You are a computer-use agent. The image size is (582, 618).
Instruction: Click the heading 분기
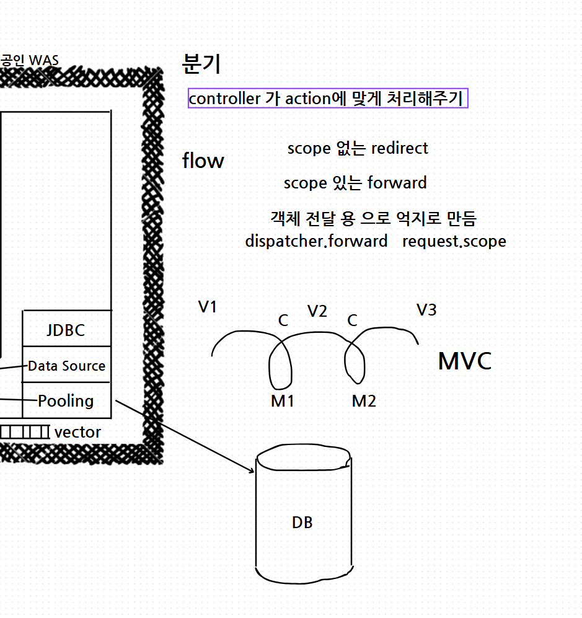201,63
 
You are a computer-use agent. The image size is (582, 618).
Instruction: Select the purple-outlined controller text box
328,98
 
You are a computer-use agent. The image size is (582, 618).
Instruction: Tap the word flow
203,161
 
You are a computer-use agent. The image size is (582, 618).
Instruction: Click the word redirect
399,148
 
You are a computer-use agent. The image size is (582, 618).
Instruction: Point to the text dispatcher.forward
316,241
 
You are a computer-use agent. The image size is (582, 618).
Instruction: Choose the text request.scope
454,241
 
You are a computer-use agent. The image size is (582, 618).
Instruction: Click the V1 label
208,307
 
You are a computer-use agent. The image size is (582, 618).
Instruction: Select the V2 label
317,311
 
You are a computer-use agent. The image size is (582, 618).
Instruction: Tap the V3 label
426,310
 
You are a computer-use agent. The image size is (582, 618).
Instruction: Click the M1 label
282,401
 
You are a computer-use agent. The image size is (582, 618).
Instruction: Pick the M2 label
364,401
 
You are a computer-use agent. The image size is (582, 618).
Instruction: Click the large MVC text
464,361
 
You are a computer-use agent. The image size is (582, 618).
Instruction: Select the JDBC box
66,330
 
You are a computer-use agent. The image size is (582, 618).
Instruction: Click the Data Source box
66,366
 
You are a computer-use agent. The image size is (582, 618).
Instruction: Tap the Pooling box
66,401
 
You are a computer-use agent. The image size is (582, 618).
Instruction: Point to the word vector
77,432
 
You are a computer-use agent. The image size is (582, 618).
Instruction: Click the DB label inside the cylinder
302,523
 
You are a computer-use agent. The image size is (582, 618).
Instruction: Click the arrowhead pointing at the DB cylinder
252,471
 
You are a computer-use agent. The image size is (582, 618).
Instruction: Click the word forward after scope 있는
397,183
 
